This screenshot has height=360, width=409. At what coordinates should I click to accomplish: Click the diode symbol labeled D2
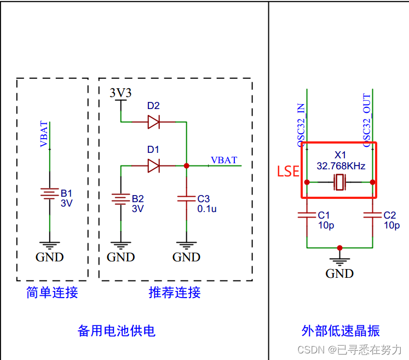click(154, 122)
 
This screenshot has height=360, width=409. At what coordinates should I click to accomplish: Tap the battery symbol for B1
click(50, 195)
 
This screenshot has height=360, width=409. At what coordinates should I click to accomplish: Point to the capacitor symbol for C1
click(307, 215)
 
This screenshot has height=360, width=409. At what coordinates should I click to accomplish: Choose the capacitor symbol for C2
click(372, 215)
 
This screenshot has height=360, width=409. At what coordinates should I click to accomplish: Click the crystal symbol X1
click(340, 182)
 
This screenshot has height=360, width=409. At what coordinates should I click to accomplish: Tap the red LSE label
click(288, 172)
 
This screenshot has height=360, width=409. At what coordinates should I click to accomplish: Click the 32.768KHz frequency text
click(341, 165)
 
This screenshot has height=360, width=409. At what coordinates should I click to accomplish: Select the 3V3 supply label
click(120, 93)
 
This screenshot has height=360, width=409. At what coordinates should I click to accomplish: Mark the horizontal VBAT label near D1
click(224, 160)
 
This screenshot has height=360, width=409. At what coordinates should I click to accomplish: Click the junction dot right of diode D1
click(186, 165)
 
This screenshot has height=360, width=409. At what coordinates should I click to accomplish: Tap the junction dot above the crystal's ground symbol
click(340, 248)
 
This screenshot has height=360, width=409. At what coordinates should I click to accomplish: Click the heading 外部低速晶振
click(341, 331)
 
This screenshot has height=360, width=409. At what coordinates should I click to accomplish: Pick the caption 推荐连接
click(175, 293)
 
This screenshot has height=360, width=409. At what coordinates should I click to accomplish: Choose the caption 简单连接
click(52, 293)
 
